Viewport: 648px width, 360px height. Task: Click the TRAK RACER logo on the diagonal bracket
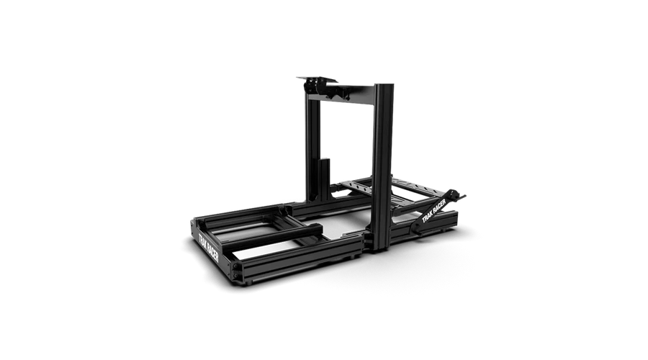point(434,211)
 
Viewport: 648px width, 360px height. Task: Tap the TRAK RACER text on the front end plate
point(208,248)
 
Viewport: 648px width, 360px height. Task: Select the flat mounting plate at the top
point(317,79)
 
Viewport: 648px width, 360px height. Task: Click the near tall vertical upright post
point(382,167)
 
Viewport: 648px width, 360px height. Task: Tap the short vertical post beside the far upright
point(325,179)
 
